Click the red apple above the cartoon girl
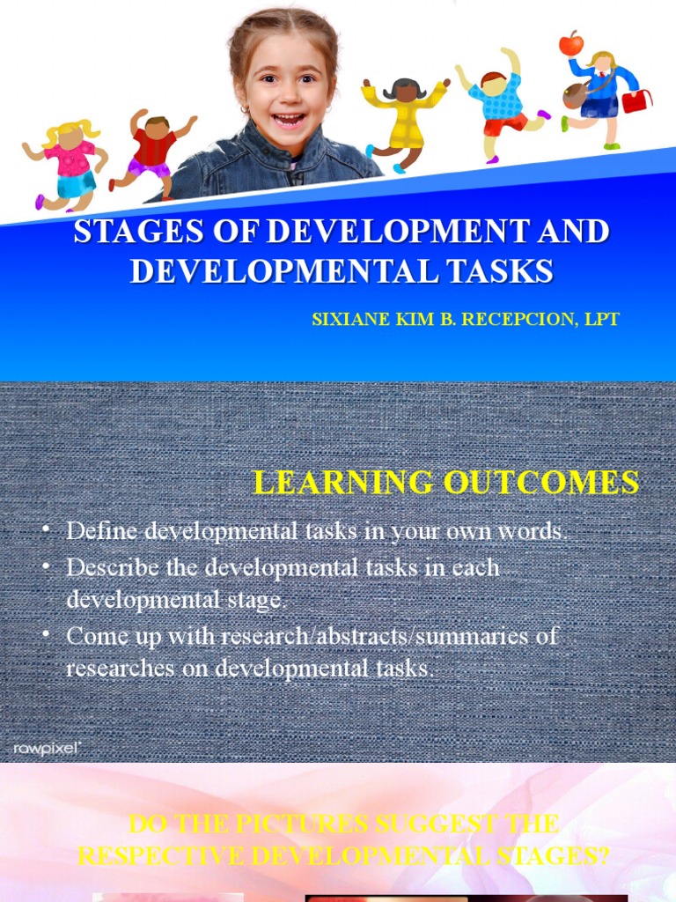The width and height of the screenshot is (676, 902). [570, 43]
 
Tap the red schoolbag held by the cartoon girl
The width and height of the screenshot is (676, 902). [636, 101]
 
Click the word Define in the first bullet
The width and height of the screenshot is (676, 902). [101, 531]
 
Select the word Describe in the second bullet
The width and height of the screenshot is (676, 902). [112, 566]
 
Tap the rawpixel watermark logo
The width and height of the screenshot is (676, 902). [48, 748]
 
